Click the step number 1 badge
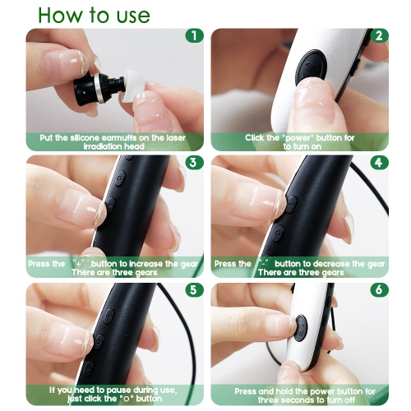click(194, 36)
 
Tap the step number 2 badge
click(379, 36)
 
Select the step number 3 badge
click(194, 163)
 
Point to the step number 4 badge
click(379, 163)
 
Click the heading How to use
click(94, 15)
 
